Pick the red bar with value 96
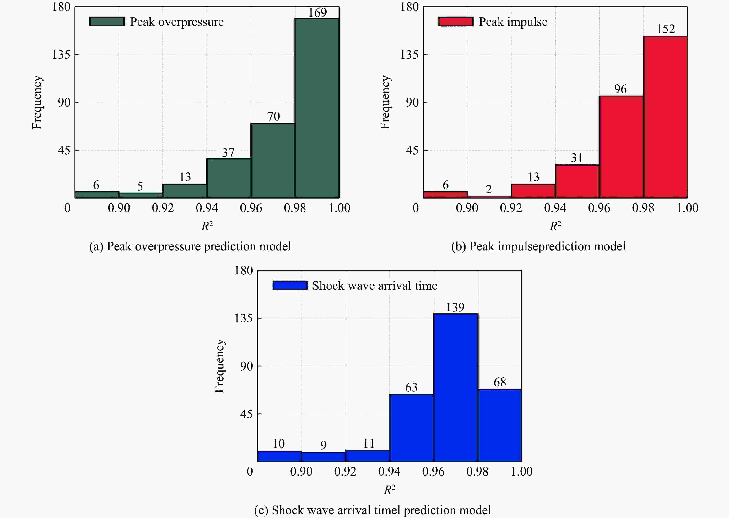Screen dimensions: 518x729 coord(621,147)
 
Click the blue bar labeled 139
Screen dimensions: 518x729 coord(456,388)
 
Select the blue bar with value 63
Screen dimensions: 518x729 coord(411,428)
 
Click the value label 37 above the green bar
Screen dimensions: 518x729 coord(228,153)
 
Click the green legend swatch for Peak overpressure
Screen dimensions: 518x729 coord(107,22)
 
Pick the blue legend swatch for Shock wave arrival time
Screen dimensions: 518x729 coord(290,285)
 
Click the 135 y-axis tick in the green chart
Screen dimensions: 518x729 coord(61,55)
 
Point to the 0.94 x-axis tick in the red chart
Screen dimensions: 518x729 coord(555,208)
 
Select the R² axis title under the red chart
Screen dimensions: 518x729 coord(555,226)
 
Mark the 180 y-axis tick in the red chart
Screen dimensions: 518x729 coord(409,7)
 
